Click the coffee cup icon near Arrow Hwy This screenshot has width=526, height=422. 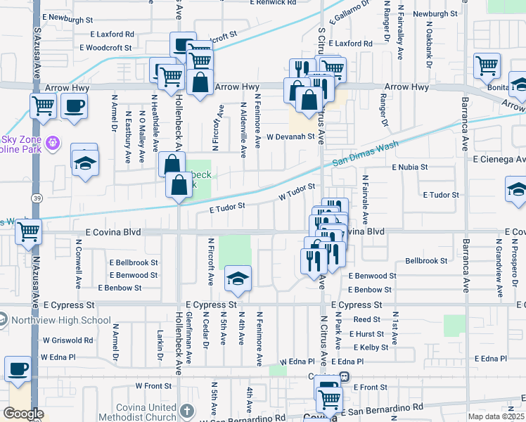74,107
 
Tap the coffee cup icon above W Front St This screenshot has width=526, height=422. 18,369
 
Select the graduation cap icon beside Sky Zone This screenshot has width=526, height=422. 84,163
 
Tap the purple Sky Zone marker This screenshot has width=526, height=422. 51,145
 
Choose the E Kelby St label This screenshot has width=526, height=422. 371,347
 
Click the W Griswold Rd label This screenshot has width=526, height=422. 67,340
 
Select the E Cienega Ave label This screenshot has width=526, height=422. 499,160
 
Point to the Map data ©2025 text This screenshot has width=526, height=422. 496,417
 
